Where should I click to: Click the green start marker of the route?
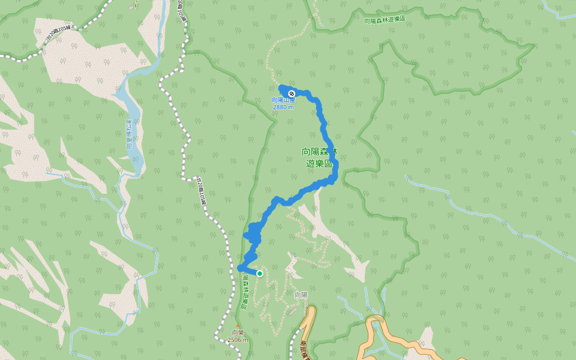260,274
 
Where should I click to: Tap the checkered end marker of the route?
292,94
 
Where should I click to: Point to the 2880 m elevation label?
283,107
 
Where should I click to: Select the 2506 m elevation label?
238,340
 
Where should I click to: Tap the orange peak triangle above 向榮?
238,326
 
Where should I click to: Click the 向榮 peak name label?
238,333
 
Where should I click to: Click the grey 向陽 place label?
301,295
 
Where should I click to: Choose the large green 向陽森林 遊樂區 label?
320,157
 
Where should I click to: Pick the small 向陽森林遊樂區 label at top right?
385,20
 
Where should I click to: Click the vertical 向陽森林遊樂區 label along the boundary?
244,291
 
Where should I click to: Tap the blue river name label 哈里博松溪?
128,134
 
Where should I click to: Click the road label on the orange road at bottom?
304,348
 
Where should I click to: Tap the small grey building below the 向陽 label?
292,311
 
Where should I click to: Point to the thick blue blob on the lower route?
254,233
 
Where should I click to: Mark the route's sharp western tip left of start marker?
240,268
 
